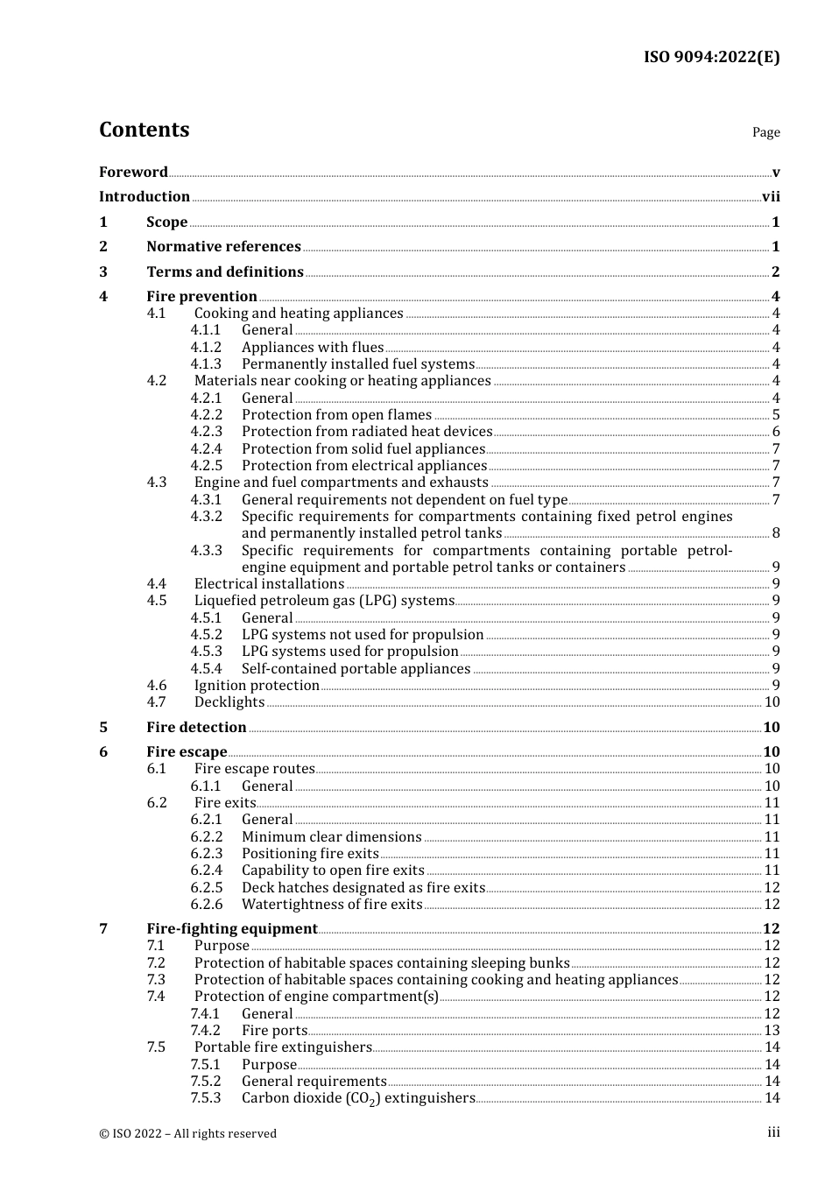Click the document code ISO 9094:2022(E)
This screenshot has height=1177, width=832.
coord(711,58)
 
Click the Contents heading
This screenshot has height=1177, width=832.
coord(144,130)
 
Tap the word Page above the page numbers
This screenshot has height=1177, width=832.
coord(765,132)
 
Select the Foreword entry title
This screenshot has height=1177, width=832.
coord(133,173)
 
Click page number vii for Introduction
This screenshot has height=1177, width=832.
coord(771,197)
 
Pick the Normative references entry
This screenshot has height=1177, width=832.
coord(223,247)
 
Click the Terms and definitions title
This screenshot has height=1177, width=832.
coord(225,272)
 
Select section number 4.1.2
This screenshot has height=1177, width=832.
coord(206,348)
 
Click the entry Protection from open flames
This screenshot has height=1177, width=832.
coord(336,415)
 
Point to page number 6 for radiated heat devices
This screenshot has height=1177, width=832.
coord(776,432)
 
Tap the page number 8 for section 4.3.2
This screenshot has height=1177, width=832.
coord(776,533)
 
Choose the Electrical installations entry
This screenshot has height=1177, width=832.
coord(269,584)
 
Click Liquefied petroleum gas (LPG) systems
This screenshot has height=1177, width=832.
coord(324,601)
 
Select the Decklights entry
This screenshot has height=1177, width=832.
coord(229,702)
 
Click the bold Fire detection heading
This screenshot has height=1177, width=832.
coord(196,728)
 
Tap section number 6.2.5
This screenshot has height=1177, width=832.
coord(207,888)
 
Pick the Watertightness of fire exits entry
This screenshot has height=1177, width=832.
coord(332,905)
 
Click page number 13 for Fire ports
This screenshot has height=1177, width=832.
coord(772,1031)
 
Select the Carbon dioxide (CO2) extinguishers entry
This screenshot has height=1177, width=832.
coord(358,1098)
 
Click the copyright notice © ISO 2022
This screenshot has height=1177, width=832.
coord(187,1133)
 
